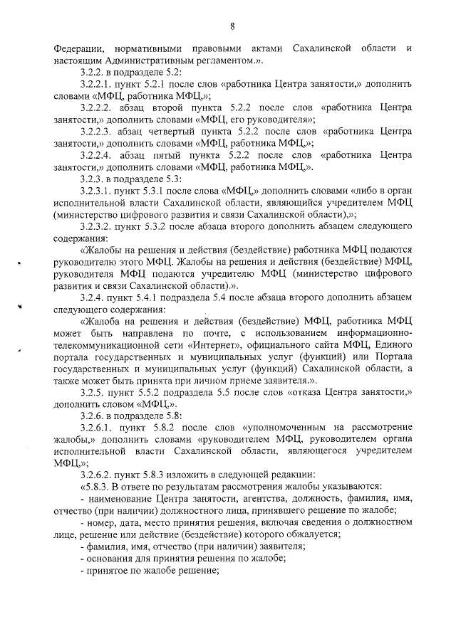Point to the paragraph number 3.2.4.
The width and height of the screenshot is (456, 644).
[x=94, y=297]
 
